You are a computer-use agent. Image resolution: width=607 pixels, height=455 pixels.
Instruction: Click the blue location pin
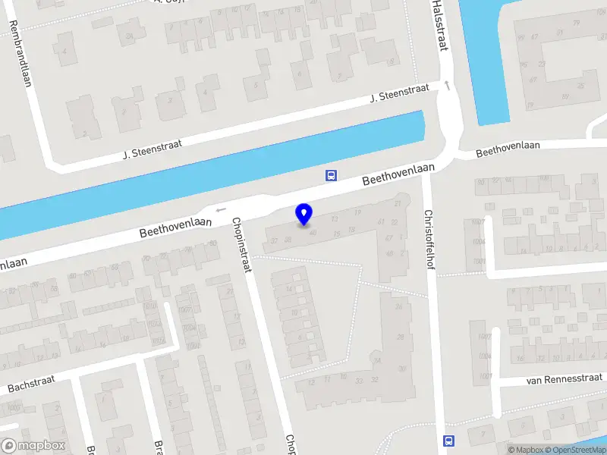coord(303,214)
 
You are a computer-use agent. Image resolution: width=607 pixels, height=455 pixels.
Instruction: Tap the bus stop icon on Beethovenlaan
coord(331,175)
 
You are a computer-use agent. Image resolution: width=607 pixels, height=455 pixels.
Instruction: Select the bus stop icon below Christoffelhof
coord(448,441)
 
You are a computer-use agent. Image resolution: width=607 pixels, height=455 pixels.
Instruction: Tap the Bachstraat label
coord(33,382)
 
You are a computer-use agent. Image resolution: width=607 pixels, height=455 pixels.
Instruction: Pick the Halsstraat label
coord(438,24)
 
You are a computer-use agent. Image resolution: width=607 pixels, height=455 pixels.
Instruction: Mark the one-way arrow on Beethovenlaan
coord(221,210)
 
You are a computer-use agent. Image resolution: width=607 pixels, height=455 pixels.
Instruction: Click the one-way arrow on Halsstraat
coord(448,85)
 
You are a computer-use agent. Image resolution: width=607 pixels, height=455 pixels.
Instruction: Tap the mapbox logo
coord(34,446)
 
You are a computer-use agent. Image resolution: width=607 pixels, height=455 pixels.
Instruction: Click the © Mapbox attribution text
coord(526,450)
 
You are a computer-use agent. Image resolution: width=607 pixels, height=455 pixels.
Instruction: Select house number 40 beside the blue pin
coord(313,232)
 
